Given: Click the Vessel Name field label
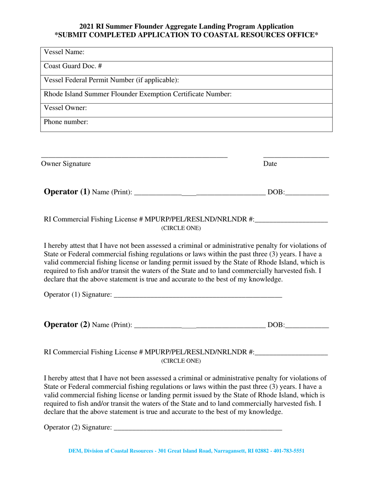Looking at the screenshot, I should [x=64, y=52].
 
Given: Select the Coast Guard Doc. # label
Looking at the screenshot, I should [x=73, y=66].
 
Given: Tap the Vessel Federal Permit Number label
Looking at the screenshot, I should [x=112, y=80].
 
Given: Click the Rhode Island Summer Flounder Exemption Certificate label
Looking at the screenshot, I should [x=138, y=94].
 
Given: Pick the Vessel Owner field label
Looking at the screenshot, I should [x=66, y=108].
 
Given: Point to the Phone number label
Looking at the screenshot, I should [x=66, y=122].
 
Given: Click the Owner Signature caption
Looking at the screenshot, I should [x=66, y=164].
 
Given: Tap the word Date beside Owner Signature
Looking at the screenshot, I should [x=270, y=164].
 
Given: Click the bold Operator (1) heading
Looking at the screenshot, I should [x=67, y=192].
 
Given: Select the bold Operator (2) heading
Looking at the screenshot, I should [x=67, y=325].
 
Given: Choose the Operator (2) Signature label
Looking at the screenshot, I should [x=78, y=427].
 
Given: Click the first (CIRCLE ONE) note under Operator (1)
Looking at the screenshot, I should [x=181, y=228].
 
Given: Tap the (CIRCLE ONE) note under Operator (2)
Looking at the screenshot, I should [x=181, y=361].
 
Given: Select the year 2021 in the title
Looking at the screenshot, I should [x=87, y=27].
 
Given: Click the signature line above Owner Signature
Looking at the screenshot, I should [x=134, y=157].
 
